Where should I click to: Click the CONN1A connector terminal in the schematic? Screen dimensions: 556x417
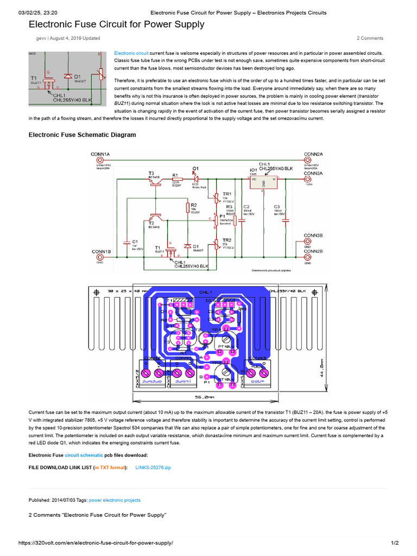(99, 160)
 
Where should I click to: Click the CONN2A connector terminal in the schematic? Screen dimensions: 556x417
(308, 160)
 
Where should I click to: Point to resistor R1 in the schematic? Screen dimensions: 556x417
(175, 179)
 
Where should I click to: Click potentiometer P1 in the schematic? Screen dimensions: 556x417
(216, 220)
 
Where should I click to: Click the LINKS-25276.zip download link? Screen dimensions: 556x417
(153, 467)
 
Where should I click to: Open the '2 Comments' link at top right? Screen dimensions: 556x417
(370, 39)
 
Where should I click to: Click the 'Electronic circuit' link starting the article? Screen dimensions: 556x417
(131, 53)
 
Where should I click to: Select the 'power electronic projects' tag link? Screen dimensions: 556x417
(115, 500)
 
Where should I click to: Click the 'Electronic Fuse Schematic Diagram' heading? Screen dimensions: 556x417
(82, 135)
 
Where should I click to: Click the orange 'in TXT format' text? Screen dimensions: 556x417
(110, 467)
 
